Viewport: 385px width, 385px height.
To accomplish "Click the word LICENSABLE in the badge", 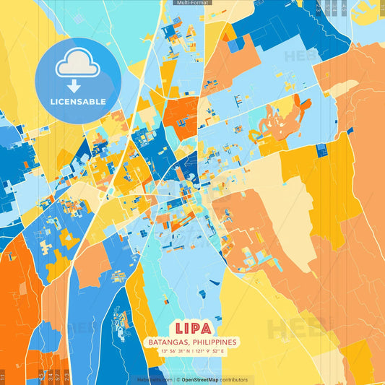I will tap(77, 102).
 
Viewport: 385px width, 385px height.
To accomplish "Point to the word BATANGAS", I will tap(171, 342).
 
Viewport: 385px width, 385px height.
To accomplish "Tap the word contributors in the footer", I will tap(234, 379).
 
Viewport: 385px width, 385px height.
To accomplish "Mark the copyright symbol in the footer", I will tap(177, 379).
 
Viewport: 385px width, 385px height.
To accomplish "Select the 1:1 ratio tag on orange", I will tap(3, 376).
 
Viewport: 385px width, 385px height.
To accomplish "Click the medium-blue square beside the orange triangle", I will tap(236, 45).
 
